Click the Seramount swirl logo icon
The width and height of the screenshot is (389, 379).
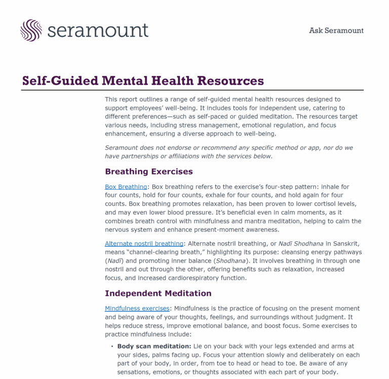pyautogui.click(x=31, y=30)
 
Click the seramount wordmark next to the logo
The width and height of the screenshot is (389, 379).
pyautogui.click(x=98, y=30)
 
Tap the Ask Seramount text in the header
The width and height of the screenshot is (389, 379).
pyautogui.click(x=336, y=30)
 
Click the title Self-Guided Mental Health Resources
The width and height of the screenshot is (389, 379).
pyautogui.click(x=143, y=81)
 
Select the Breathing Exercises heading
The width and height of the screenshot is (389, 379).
pyautogui.click(x=148, y=172)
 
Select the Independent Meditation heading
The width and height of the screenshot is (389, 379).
pyautogui.click(x=158, y=293)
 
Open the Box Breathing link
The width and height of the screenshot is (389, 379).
pyautogui.click(x=126, y=187)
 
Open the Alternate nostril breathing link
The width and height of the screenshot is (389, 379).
pyautogui.click(x=144, y=243)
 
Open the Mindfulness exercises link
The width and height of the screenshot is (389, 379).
pyautogui.click(x=137, y=309)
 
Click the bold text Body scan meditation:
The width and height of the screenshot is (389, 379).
pyautogui.click(x=154, y=346)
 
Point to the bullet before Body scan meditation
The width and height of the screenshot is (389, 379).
pyautogui.click(x=111, y=347)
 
